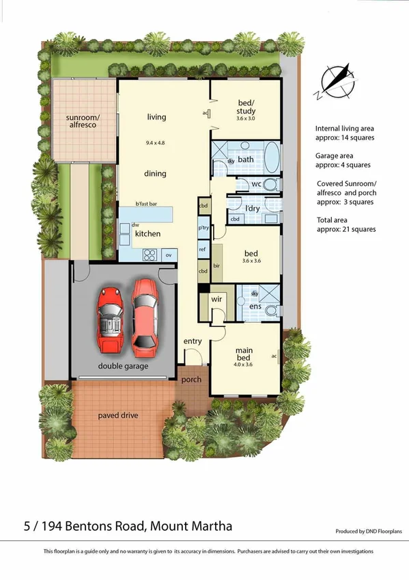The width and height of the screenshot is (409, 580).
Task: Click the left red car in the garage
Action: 111,318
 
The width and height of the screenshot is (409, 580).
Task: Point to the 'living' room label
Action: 156,117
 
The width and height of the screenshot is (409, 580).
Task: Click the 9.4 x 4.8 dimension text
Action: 156,142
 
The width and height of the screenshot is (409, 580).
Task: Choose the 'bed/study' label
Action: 245,107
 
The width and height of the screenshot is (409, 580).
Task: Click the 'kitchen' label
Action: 147,234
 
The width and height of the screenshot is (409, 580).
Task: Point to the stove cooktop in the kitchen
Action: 150,255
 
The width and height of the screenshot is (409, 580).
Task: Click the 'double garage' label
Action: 123,366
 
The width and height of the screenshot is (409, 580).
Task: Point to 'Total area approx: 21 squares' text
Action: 345,224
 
